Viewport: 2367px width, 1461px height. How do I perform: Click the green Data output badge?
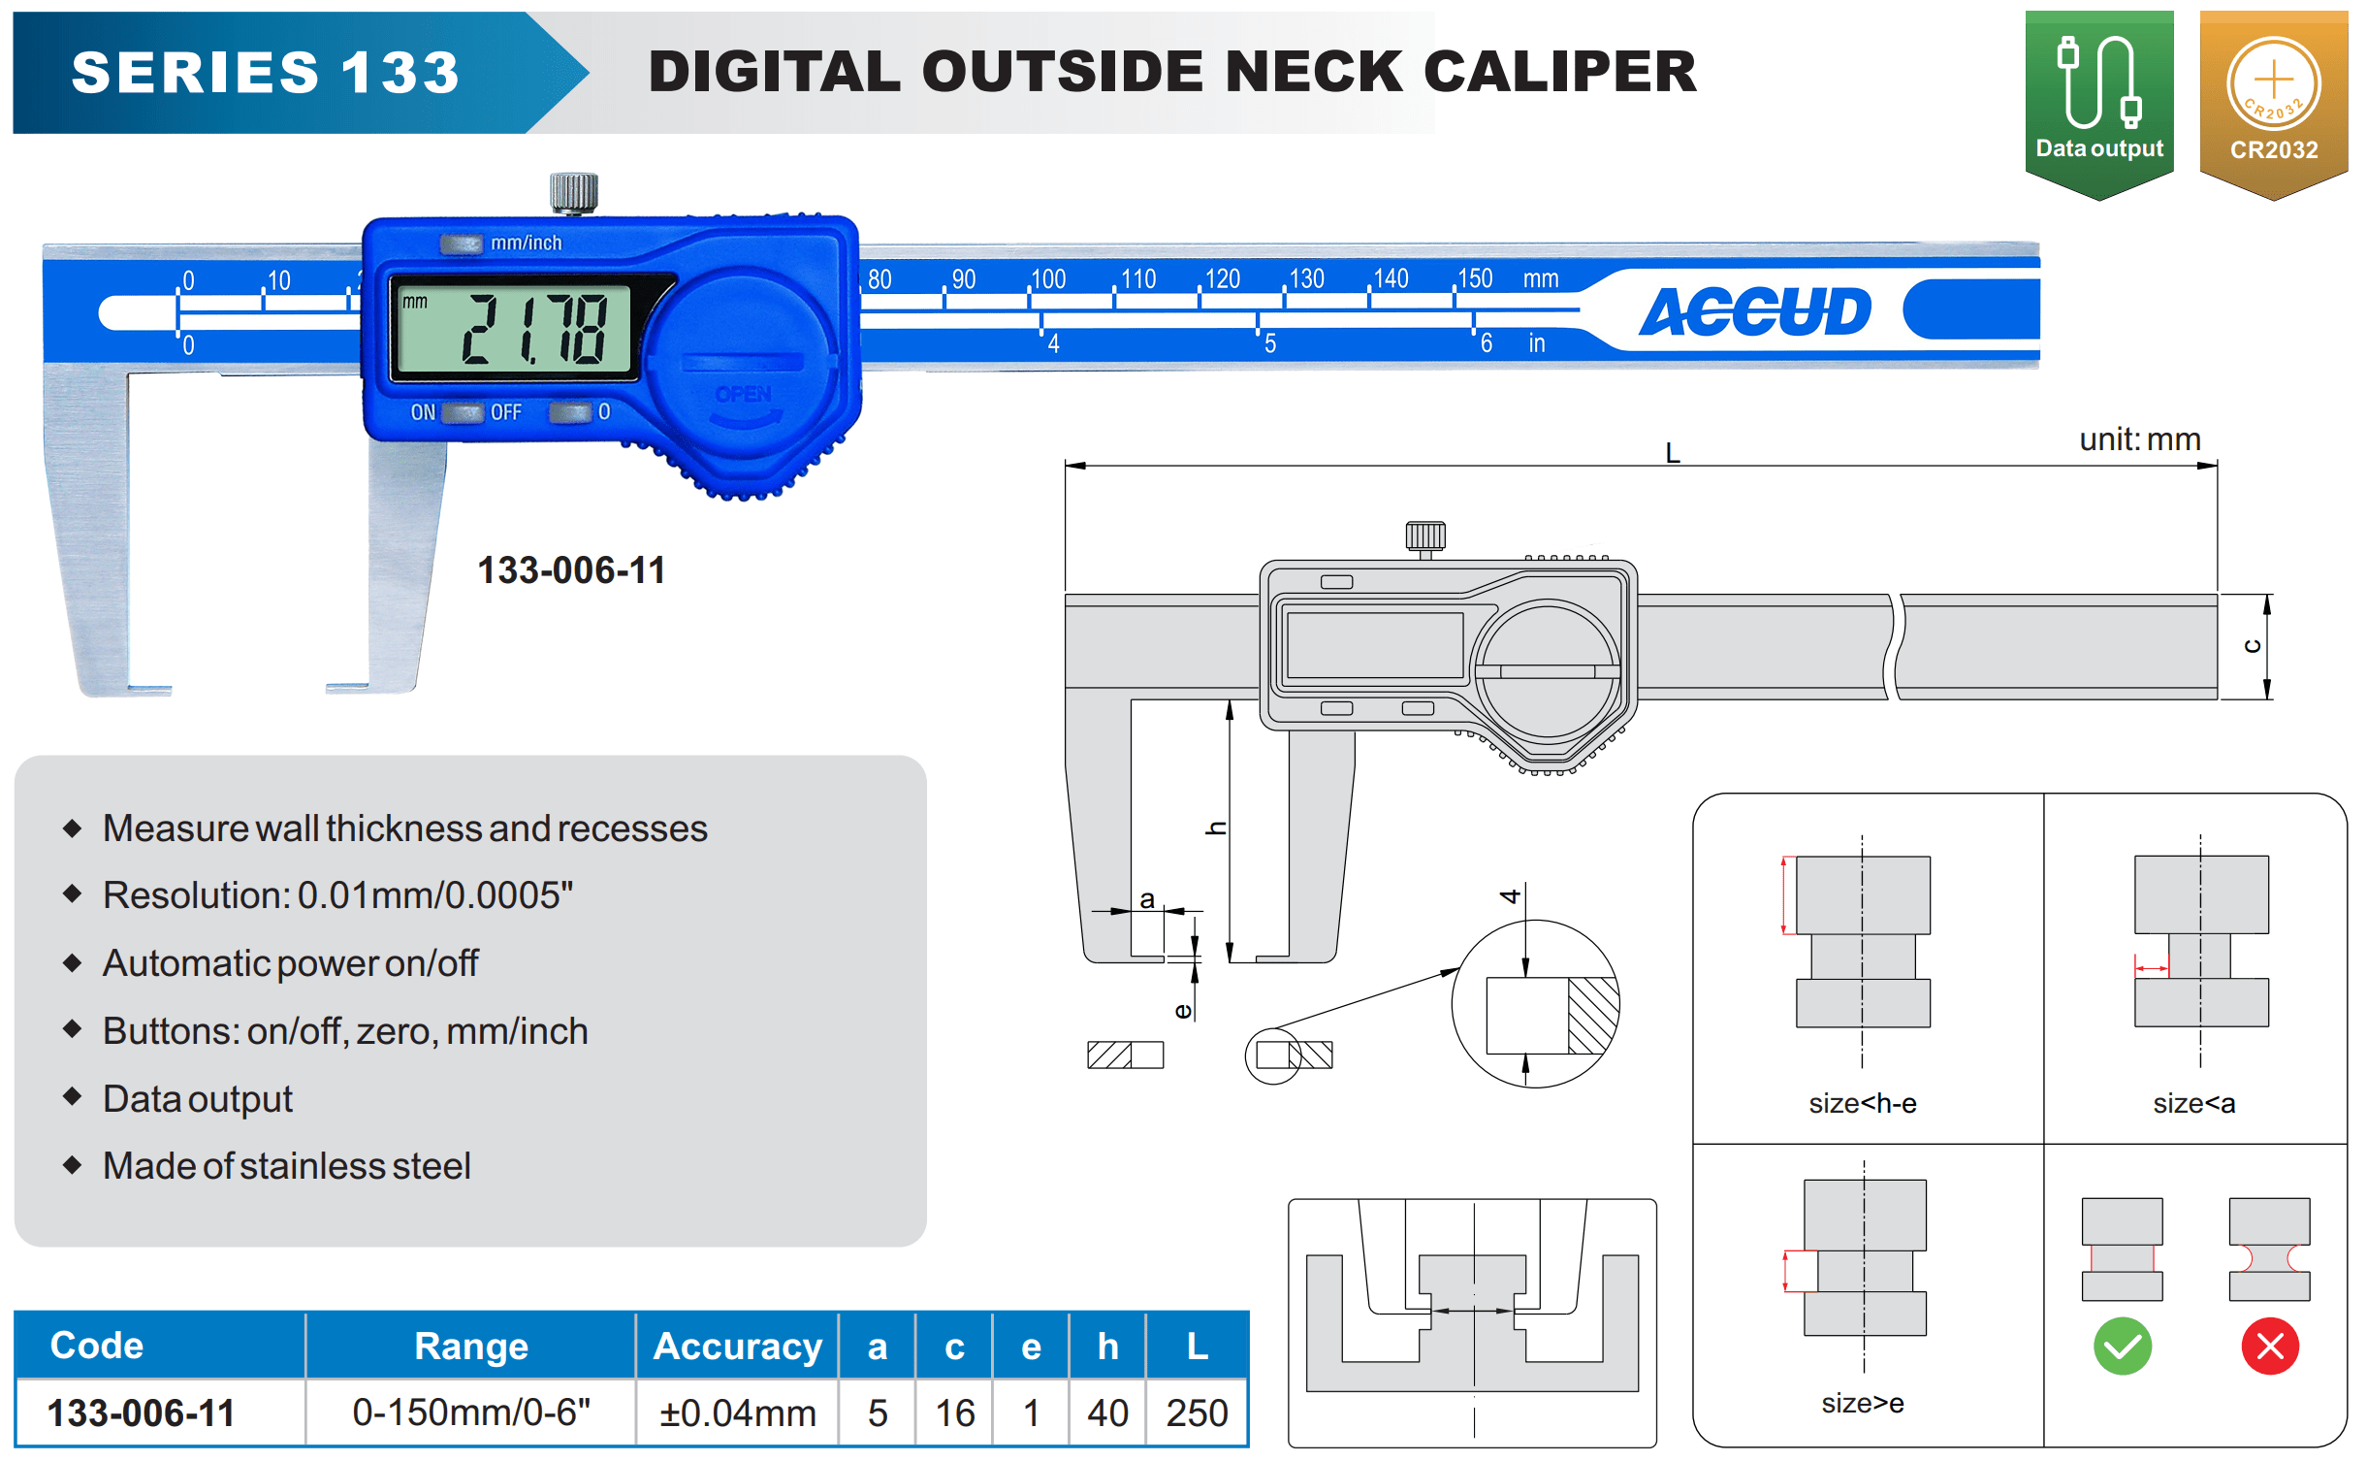(x=2098, y=102)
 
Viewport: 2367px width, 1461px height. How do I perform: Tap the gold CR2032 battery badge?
(x=2273, y=102)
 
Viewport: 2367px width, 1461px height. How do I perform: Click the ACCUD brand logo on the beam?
(x=1754, y=311)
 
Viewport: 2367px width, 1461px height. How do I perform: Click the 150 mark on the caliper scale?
(x=1475, y=279)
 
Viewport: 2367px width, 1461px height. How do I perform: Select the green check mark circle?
(x=2122, y=1347)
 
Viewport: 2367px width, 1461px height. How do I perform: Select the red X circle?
(x=2269, y=1347)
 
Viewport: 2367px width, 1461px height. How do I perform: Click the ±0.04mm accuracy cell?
(x=737, y=1412)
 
